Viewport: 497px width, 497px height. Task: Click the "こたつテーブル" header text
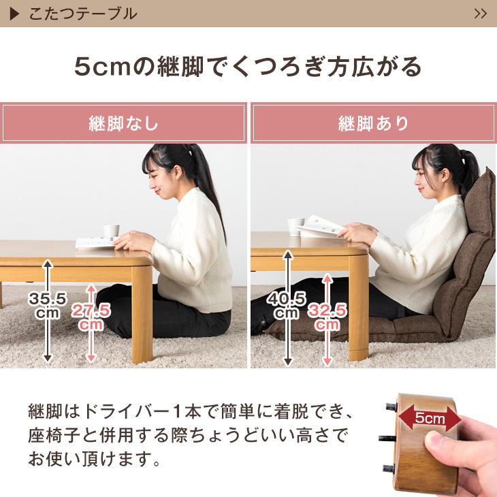click(83, 14)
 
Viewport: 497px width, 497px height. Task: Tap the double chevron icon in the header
click(480, 14)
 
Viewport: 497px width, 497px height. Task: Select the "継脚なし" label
click(124, 124)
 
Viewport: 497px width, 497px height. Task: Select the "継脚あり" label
click(373, 124)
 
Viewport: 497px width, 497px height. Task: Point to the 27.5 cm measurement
click(91, 317)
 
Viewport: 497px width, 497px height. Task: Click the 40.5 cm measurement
click(287, 304)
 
